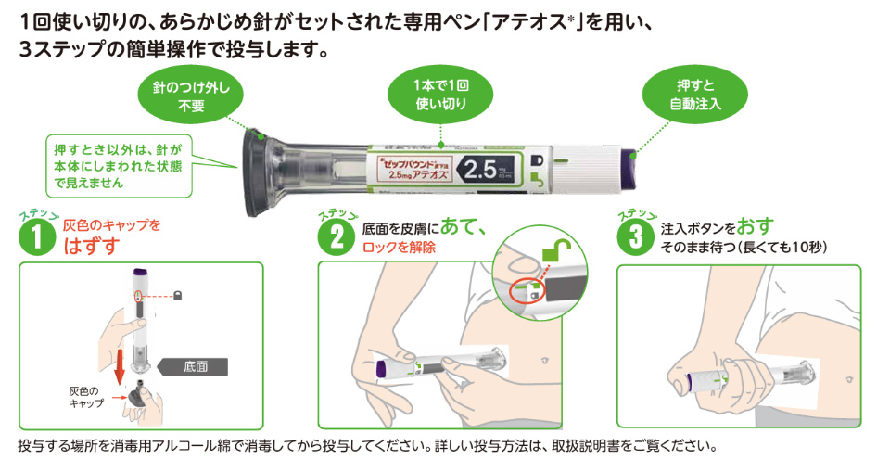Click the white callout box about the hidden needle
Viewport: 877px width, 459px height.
[x=118, y=164]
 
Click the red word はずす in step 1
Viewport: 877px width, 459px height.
[x=90, y=246]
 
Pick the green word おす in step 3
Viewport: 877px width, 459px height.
[x=755, y=226]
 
